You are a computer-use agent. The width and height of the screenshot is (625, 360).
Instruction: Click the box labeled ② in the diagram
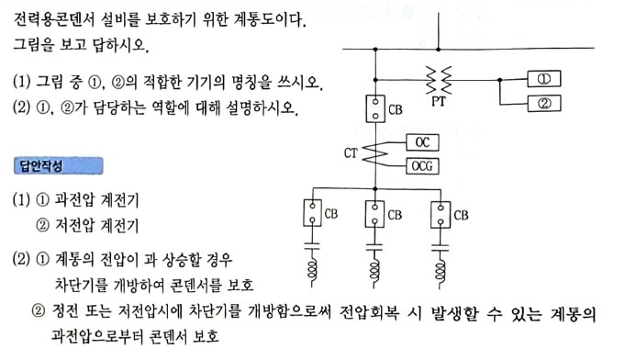(x=544, y=103)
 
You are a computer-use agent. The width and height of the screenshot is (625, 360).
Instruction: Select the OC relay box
(x=423, y=142)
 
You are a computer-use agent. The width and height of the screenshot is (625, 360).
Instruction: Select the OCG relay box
(x=423, y=165)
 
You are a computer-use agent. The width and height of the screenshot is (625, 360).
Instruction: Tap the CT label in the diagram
(x=352, y=153)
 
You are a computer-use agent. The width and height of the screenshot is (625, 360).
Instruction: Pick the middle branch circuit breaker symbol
(x=374, y=216)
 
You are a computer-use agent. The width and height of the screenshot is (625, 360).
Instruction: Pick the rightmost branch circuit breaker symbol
(x=439, y=216)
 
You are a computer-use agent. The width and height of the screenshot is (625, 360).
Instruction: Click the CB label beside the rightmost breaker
(x=461, y=215)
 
